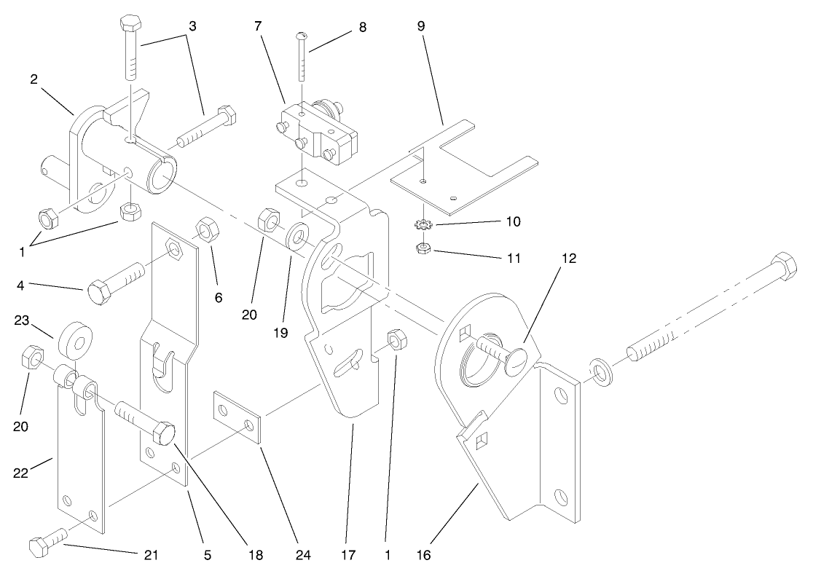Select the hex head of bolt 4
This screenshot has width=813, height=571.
100,294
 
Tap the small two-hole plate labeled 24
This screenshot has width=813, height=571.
237,419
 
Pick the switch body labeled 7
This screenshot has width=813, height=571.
318,131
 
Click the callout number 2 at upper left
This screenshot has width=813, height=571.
34,79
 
